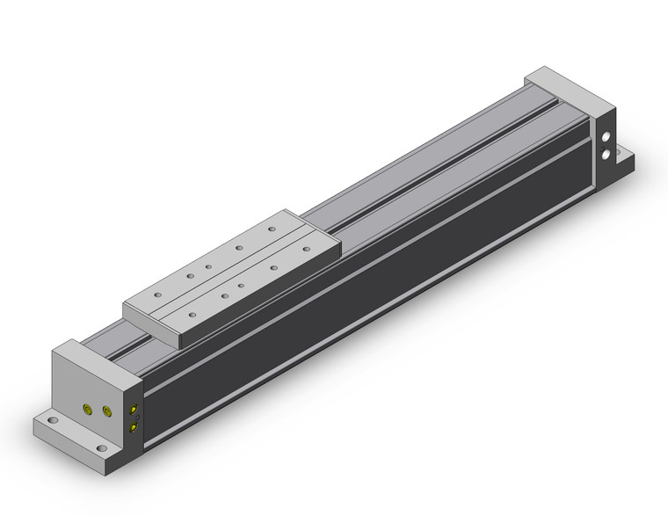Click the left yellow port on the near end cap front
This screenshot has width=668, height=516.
pos(86,411)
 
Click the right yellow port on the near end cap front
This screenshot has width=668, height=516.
pos(107,411)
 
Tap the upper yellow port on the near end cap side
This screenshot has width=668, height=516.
pos(133,410)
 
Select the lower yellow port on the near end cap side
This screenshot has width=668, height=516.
pos(133,427)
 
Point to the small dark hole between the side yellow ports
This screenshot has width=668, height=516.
pos(133,418)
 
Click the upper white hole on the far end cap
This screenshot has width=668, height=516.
pos(606,137)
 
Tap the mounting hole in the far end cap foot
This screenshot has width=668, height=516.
pos(625,159)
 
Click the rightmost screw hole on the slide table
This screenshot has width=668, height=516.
pos(272,230)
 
